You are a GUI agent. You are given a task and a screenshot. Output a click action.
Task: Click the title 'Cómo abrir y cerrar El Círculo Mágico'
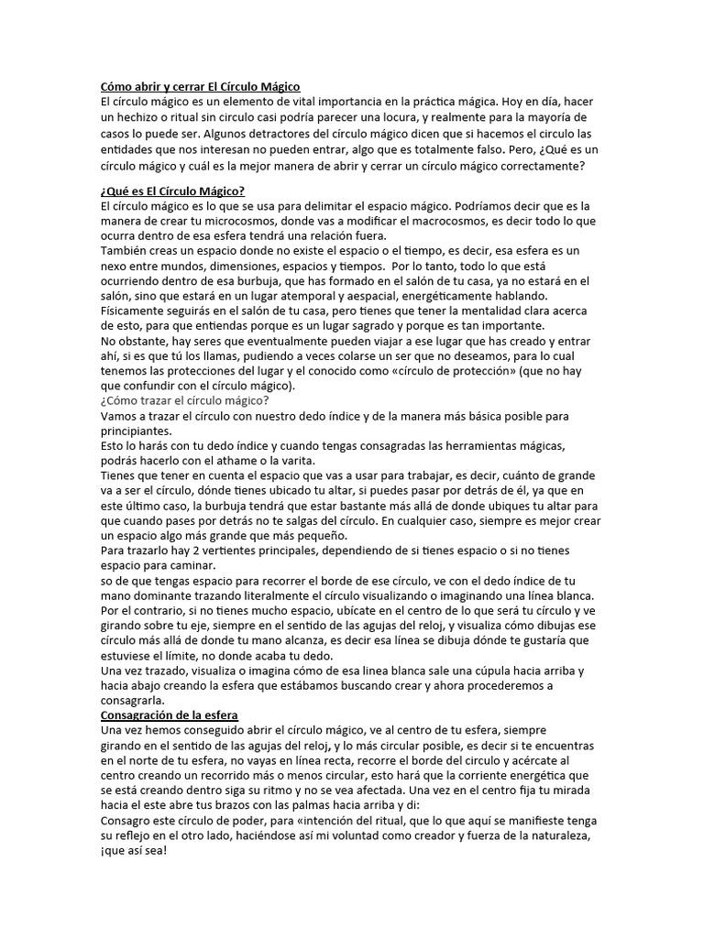201,86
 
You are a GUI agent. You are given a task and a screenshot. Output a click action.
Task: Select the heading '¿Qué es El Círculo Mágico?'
172,191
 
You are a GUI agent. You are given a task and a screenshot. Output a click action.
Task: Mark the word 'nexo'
115,266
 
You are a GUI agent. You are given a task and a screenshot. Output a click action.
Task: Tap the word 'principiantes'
137,431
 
